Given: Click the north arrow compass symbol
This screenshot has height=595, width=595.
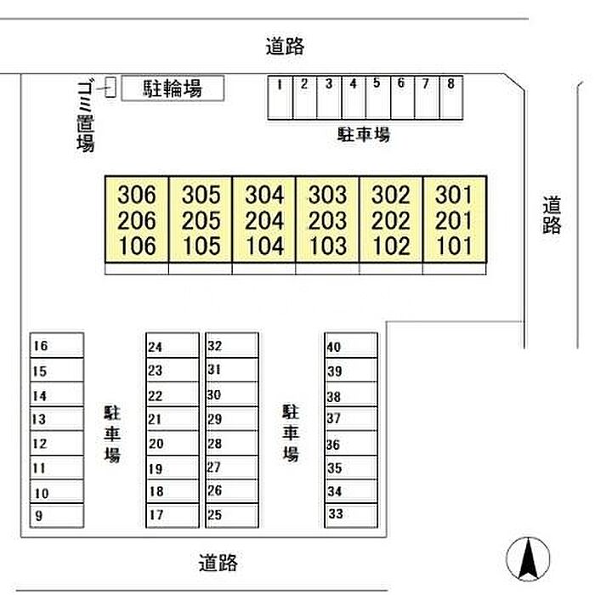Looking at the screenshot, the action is pos(528,559).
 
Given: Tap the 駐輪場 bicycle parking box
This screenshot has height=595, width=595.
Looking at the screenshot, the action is pos(173,88).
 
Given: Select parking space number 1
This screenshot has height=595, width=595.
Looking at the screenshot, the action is pos(280,98).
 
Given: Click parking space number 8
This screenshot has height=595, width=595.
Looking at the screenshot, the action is pos(451,98).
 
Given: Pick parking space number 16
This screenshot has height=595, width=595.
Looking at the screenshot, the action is pos(57,345).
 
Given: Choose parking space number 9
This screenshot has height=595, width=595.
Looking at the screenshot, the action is pos(57,516).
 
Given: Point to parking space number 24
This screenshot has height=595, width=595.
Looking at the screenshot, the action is pos(173,345).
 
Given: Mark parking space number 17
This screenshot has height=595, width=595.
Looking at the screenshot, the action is pos(173,516).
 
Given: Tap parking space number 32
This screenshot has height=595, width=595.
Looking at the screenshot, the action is pos(232,345).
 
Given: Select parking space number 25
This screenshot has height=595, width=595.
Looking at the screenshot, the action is pos(232,516).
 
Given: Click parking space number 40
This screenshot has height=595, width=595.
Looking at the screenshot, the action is pos(351,345).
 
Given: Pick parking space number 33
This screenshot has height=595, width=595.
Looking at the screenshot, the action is pos(351,516).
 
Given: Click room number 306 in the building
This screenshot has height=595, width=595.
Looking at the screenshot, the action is pos(137,195).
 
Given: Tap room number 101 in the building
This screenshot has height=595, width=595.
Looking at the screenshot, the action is pos(454,246).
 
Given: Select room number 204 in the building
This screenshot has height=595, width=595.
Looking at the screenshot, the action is pos(264,220).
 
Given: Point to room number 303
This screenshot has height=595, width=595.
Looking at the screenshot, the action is pos(327,195).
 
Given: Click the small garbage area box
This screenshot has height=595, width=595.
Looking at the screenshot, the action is pos(110,87).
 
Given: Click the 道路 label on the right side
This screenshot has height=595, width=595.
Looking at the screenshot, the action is pos(552,215).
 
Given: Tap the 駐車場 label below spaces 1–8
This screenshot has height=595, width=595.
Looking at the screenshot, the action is pos(364,134).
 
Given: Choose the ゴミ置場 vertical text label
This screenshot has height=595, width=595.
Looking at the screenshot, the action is pos(86,116).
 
